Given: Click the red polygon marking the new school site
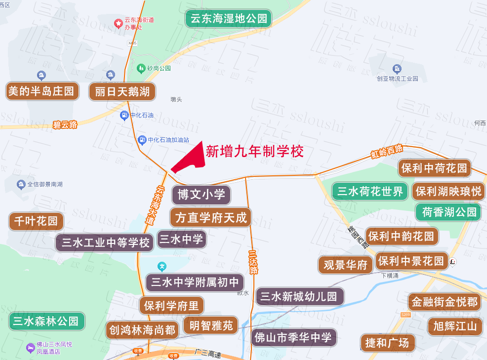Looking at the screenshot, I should pos(193,159).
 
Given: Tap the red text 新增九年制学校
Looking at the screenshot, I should pos(254,151).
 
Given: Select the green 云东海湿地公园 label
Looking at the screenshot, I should pos(229,19).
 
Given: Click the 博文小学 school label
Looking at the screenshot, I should pos(201,195).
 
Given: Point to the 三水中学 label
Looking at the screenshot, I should pos(181,240).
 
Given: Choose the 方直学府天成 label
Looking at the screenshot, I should pos(210,217).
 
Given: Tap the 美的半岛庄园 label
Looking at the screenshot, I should pos(41,91).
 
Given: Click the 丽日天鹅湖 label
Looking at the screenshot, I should pos(122,91).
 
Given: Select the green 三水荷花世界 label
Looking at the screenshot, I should pos(370,191).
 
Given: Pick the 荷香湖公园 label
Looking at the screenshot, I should pos(448,212).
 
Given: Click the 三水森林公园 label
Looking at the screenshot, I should pos(46,321).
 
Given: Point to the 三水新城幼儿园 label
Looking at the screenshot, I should pos(299,296).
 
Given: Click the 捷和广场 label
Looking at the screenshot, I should pos(387,342).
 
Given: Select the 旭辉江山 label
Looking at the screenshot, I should pos(454,326).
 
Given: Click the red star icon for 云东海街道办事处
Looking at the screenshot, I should pos(118,23).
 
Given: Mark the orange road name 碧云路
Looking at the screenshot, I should pos(65,124).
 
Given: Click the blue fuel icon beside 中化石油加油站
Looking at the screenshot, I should pos(142,140).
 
